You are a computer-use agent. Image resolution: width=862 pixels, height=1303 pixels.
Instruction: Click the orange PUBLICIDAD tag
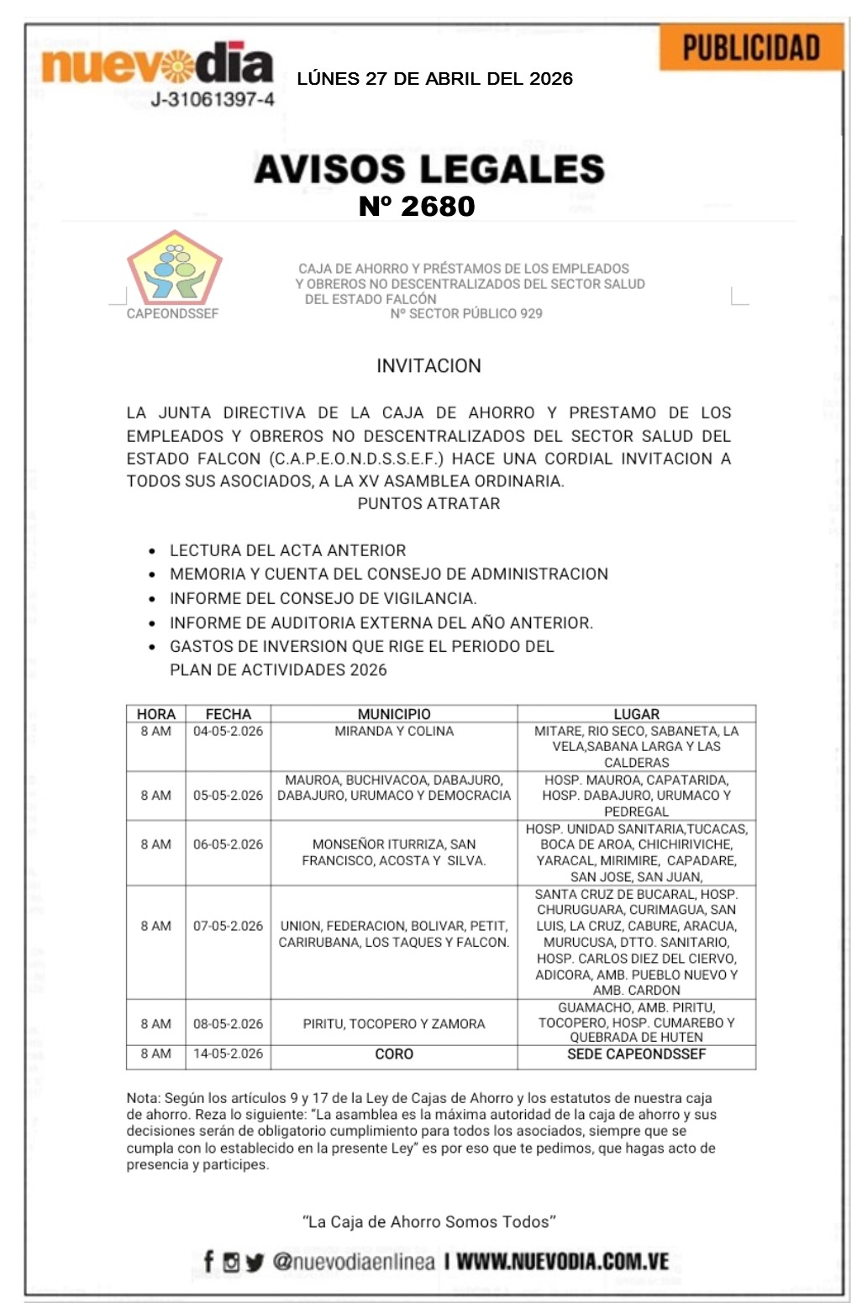[750, 48]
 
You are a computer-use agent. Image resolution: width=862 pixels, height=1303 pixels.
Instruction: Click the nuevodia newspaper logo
[157, 64]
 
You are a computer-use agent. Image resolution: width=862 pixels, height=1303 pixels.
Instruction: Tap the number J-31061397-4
[213, 100]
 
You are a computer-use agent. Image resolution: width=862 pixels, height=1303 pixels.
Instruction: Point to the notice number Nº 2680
[417, 206]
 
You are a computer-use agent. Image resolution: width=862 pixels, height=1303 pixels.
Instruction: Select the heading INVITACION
[428, 366]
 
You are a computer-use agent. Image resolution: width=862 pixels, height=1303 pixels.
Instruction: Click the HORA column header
[155, 714]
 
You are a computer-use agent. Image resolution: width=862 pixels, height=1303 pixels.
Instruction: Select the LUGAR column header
[636, 714]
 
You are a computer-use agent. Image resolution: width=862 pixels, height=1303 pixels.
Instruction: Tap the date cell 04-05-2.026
[228, 732]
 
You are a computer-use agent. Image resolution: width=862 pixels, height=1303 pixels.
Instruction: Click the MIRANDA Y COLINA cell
[394, 732]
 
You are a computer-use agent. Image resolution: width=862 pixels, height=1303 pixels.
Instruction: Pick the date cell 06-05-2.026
[228, 844]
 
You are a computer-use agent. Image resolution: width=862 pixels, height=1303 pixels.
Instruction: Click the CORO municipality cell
[394, 1054]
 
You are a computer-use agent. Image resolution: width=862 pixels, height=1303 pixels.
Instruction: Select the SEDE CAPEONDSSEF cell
[636, 1054]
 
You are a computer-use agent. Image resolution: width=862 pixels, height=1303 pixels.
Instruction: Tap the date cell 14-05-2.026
[228, 1054]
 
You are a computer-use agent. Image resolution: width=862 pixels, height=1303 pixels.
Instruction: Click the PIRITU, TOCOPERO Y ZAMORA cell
[394, 1024]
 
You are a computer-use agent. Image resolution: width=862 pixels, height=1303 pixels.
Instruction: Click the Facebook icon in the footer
[208, 1261]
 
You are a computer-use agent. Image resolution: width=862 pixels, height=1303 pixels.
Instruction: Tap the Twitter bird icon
[255, 1262]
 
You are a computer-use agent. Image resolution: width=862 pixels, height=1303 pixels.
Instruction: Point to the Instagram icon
[231, 1262]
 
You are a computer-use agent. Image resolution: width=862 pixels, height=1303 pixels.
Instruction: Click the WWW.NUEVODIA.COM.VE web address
[562, 1262]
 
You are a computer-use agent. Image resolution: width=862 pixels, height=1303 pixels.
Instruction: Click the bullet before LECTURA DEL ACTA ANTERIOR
[152, 552]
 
